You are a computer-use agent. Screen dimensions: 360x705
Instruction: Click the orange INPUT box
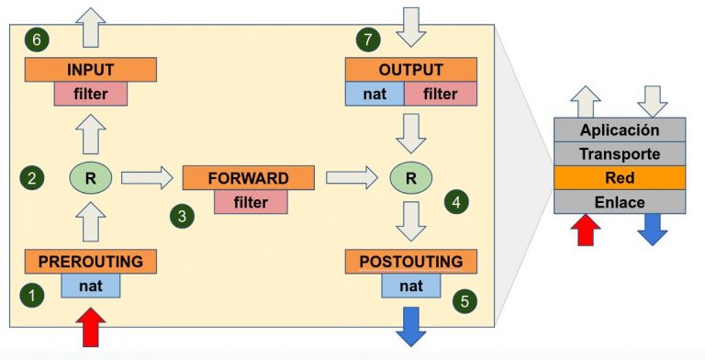(x=90, y=70)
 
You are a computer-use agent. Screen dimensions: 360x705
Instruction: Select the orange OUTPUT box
(x=409, y=70)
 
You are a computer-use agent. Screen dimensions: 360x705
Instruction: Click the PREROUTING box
(x=90, y=262)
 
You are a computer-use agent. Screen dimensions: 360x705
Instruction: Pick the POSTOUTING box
(x=409, y=262)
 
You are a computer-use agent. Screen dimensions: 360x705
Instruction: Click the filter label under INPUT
(x=90, y=93)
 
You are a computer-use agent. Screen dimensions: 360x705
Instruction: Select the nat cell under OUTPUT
(x=374, y=93)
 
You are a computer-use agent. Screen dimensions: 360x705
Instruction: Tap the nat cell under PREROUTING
(x=90, y=286)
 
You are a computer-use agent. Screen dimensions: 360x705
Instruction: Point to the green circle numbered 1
(x=33, y=296)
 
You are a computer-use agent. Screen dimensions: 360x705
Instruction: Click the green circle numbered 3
(x=182, y=216)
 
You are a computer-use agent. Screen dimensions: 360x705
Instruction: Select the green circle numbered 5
(x=464, y=301)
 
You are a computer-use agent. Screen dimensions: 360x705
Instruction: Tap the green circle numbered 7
(x=367, y=39)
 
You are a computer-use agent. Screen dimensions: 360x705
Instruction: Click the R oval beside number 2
(x=90, y=177)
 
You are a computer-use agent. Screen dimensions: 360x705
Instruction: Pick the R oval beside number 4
(x=409, y=177)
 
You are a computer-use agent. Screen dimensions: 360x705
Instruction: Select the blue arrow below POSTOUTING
(x=409, y=327)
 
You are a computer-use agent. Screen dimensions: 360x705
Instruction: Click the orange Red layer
(x=619, y=177)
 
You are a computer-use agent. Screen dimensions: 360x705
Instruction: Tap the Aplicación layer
(x=619, y=129)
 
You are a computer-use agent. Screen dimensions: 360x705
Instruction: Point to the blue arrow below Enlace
(x=653, y=229)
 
